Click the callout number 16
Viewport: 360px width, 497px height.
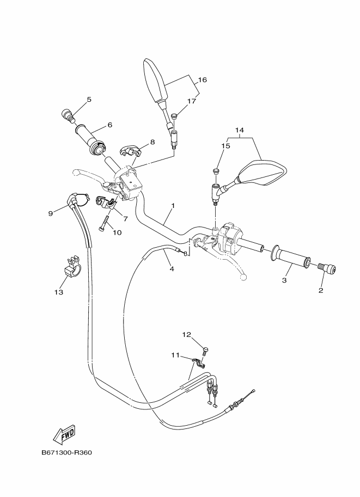pos(203,80)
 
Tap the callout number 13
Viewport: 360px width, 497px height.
pos(59,292)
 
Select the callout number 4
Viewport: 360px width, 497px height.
pos(172,269)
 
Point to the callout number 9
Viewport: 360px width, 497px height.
pos(51,213)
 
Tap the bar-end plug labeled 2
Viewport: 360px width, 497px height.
pos(327,268)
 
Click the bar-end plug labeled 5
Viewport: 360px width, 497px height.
pos(68,114)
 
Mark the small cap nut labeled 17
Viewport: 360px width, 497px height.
pos(174,117)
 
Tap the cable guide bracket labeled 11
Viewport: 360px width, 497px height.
pos(198,363)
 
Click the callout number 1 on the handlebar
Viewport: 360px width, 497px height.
pos(173,206)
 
